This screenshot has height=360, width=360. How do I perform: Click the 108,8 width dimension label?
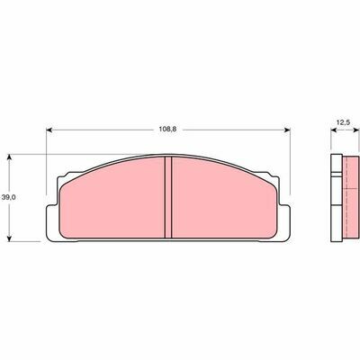click(167, 130)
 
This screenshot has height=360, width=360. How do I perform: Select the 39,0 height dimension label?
click(5, 197)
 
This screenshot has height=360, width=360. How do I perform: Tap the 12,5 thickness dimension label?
click(344, 122)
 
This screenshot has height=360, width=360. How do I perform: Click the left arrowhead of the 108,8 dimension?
click(49, 130)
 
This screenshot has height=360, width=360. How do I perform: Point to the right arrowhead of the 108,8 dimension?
click(287, 130)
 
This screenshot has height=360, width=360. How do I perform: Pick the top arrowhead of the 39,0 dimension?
click(10, 157)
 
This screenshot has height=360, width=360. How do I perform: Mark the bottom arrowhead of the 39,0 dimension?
click(10, 238)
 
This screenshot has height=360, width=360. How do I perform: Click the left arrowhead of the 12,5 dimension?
click(334, 130)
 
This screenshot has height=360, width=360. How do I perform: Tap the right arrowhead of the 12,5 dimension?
click(356, 130)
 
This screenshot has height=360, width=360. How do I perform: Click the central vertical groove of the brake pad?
click(168, 198)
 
